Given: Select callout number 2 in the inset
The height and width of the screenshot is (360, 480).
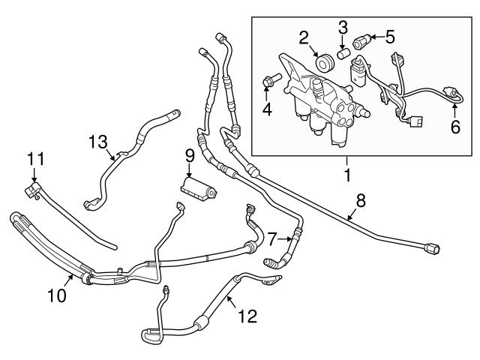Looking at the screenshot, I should (304, 37).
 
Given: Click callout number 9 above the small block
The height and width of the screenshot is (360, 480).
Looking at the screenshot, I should (190, 156).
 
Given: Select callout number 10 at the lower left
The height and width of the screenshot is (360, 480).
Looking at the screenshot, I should (58, 295).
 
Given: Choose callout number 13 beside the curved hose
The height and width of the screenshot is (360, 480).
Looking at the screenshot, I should (97, 141).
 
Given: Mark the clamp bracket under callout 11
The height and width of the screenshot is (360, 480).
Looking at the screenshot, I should (32, 191).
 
